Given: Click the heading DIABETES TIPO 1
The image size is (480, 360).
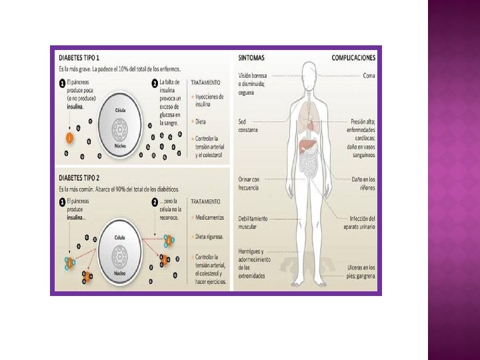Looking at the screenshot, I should click(75, 58).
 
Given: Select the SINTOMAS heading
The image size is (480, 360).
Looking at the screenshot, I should click(251, 58).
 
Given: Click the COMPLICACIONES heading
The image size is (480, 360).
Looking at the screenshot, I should click(353, 58).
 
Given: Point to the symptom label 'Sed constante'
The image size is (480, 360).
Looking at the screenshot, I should click(247, 125).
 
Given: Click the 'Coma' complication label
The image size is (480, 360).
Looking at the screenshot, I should click(369, 75).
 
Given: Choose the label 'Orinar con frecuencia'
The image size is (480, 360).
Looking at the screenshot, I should click(249, 183).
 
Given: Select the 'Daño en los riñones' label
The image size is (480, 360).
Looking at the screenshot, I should click(363, 183).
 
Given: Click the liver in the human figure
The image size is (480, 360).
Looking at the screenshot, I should click(306, 145).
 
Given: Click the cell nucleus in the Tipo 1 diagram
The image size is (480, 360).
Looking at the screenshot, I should click(121, 130).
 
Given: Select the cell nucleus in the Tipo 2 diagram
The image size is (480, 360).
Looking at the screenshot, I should click(121, 254).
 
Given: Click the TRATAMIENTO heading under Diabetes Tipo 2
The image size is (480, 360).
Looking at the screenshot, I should click(206, 201).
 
